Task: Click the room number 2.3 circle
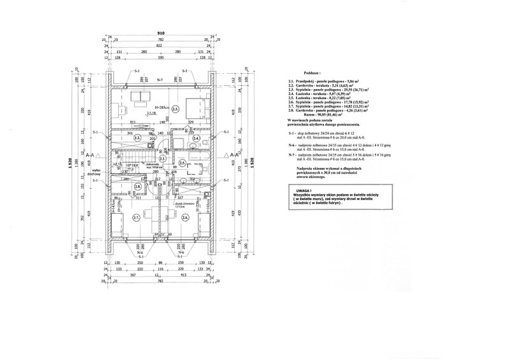pos(157,109)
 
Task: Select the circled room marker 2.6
pos(185,217)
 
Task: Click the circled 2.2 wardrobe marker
pos(137,138)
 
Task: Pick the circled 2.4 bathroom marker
pos(197,138)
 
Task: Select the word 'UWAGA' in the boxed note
pos(302,190)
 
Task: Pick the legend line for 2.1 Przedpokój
pos(323,83)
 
